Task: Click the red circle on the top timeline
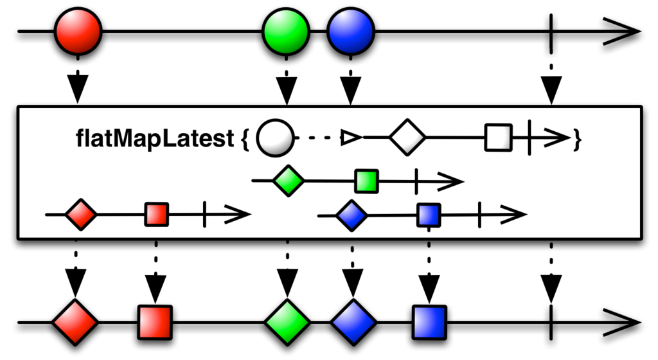pos(78,31)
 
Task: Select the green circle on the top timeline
pos(286,31)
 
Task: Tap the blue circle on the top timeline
pos(350,31)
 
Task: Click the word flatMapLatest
pos(155,138)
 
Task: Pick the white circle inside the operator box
pos(275,138)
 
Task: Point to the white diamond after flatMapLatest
pos(407,137)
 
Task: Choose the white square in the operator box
pos(499,137)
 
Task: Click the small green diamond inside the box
pos(289,181)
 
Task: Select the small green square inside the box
pos(367,181)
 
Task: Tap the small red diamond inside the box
pos(81,215)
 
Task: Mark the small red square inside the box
pos(157,215)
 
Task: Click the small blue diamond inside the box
pos(351,215)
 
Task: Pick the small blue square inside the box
pos(429,215)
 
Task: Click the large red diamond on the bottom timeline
pos(75,322)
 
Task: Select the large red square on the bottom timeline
pos(155,322)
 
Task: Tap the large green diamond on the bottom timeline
pos(287,322)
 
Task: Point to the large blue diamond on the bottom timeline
pos(353,322)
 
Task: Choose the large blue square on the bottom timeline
pos(429,322)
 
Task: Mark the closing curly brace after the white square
pos(578,138)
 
